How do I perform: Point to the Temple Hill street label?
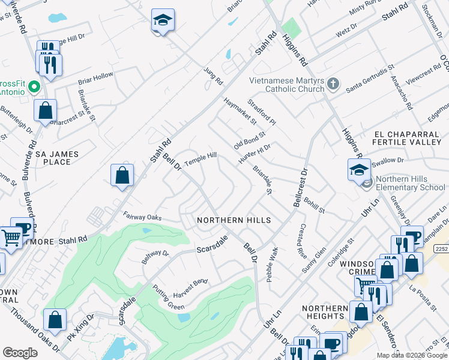tap(200, 159)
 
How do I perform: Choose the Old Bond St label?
tap(249, 142)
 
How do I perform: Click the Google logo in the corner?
tap(20, 352)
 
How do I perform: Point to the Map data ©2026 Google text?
tap(412, 355)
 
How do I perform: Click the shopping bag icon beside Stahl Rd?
tap(122, 175)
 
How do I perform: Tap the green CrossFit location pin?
tap(34, 88)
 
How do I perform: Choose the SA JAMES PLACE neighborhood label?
tap(57, 158)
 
